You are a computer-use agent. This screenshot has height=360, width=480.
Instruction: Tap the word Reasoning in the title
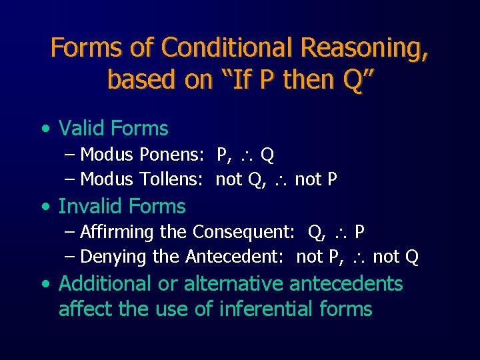(x=365, y=48)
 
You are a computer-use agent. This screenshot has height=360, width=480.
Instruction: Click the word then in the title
(x=311, y=80)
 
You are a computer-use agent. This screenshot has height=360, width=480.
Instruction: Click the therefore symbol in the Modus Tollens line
(x=281, y=180)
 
